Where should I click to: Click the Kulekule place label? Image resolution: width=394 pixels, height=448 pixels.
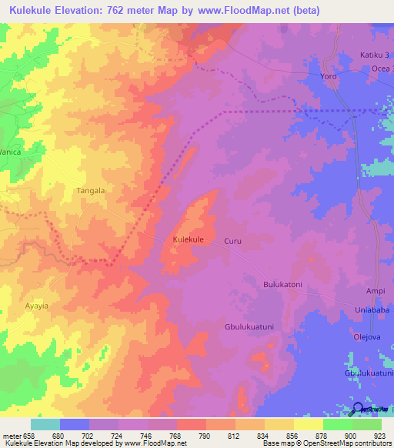(189, 240)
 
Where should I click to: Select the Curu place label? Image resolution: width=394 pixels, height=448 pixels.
(233, 241)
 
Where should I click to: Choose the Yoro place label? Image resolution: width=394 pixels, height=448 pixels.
(329, 78)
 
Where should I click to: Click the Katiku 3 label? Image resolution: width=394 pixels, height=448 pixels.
(376, 55)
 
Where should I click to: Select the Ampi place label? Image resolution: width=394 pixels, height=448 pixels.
(376, 291)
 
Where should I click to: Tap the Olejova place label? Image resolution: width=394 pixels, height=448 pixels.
(367, 336)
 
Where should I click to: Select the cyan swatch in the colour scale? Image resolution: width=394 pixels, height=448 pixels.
(45, 424)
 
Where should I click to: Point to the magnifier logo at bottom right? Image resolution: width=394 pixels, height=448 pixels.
(358, 410)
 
